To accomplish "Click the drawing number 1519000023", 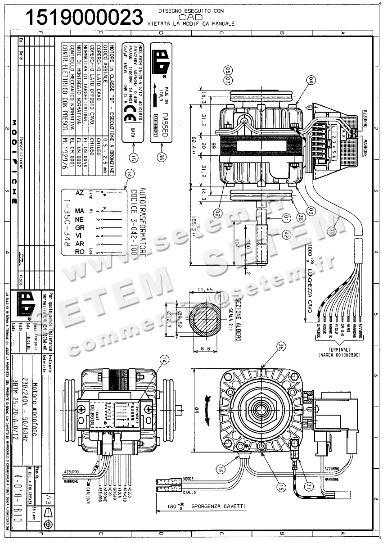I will point(84,17).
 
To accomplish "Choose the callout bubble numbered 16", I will point(220,469).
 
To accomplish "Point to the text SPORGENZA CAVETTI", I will point(219,506).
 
